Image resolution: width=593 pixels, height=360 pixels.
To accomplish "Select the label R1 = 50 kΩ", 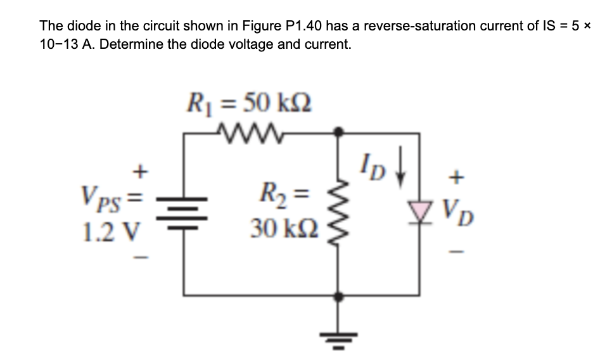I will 248,101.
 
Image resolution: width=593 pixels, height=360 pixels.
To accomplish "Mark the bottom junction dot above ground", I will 340,295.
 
